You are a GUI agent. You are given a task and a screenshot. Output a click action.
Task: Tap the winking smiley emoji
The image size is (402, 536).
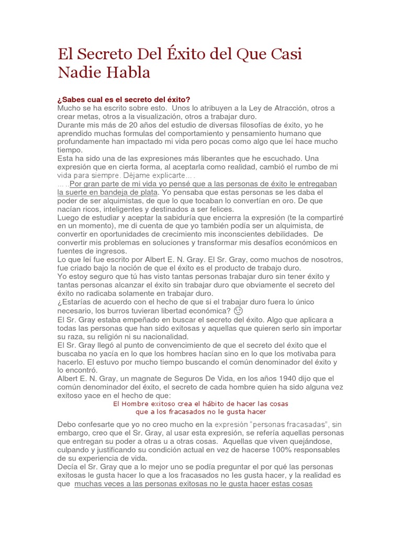[x=238, y=310]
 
